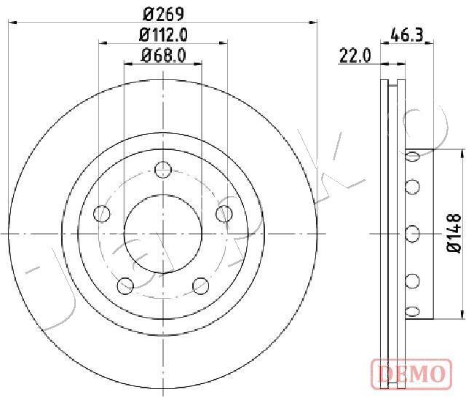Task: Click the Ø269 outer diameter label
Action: coord(163,14)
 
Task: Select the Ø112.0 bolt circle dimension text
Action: coord(163,35)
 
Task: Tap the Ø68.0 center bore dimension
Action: coord(163,55)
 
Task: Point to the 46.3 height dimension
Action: coord(407,34)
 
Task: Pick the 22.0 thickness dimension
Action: coord(355,55)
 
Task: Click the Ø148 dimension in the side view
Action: coord(454,233)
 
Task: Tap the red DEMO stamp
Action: coord(411,374)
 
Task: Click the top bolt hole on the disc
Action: coord(163,170)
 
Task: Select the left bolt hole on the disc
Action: coord(102,213)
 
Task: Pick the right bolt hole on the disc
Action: coord(224,213)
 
